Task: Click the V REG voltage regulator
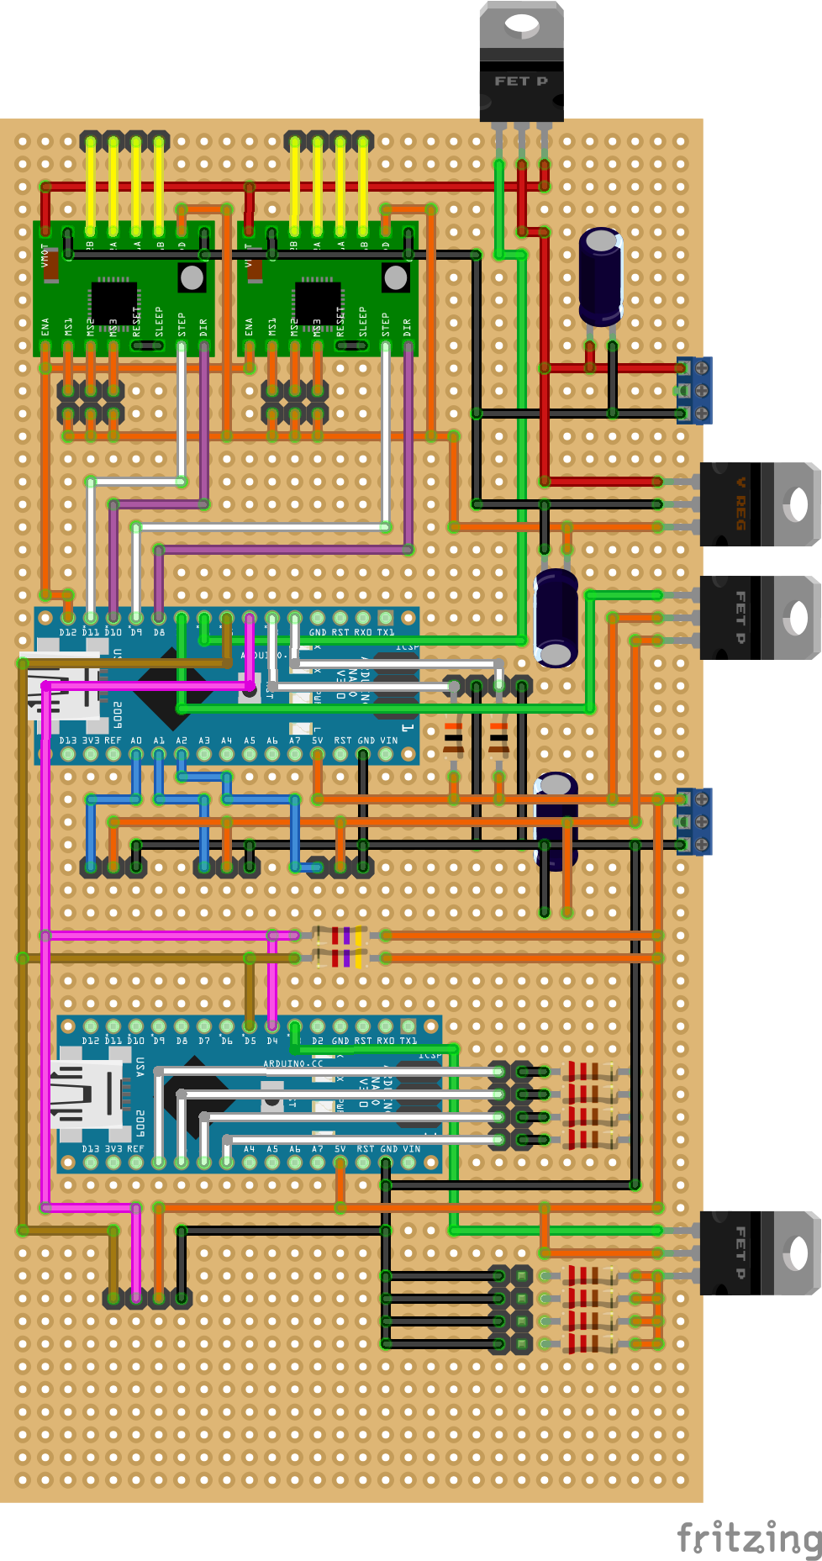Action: [758, 504]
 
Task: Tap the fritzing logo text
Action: [749, 1537]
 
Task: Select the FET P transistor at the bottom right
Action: [758, 1252]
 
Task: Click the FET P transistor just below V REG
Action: [758, 618]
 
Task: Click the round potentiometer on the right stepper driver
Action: [395, 277]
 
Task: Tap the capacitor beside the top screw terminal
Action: [601, 277]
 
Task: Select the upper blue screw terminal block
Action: [695, 390]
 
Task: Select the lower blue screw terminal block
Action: [695, 821]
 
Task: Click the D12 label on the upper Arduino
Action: [67, 632]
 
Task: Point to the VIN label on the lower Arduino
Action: [412, 1149]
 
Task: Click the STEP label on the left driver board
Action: [182, 324]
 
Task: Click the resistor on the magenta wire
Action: [340, 935]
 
